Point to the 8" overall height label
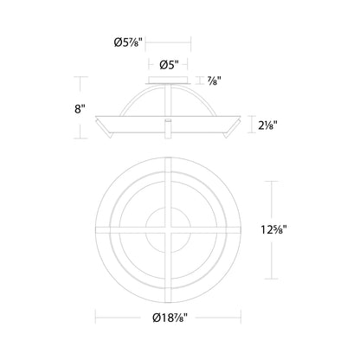[x=80, y=109]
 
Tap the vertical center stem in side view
[x=167, y=125]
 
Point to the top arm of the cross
[x=167, y=182]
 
